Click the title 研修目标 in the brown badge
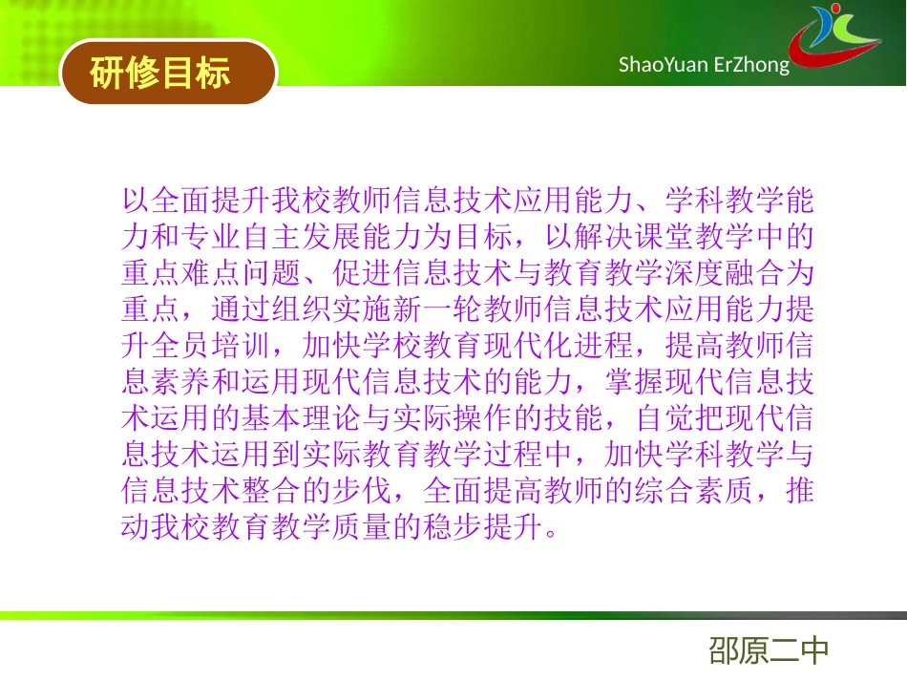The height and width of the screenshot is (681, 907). click(x=159, y=73)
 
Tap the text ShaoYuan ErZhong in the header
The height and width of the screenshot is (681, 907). click(x=704, y=65)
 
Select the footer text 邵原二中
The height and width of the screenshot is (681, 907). click(x=769, y=651)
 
